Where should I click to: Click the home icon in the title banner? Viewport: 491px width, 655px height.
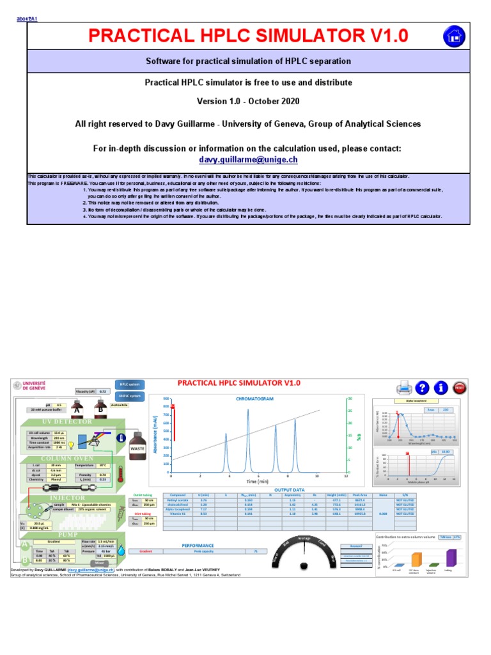pos(455,36)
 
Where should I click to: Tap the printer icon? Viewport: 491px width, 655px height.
pos(403,387)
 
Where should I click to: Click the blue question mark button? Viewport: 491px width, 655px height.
pos(421,387)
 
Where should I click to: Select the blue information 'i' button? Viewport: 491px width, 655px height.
pos(440,387)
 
